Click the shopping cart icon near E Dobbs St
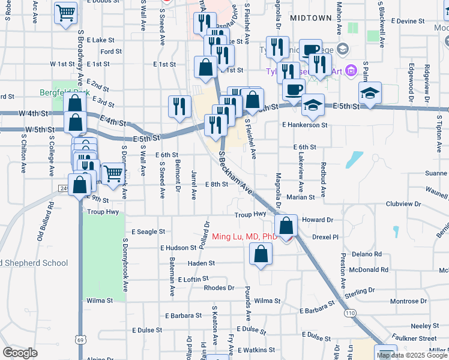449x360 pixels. click(x=65, y=13)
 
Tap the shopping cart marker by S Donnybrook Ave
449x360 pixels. click(x=113, y=174)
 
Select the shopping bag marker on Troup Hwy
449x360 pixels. click(x=286, y=226)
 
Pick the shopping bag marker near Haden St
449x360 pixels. click(x=260, y=254)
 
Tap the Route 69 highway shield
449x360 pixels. click(x=80, y=340)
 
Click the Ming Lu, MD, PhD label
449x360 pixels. click(x=244, y=236)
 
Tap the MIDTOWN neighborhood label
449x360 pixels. click(x=310, y=18)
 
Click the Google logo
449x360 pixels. click(x=20, y=352)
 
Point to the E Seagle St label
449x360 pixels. click(x=148, y=232)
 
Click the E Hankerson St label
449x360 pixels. click(x=304, y=125)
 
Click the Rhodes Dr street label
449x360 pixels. click(x=214, y=288)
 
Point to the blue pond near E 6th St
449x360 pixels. click(x=354, y=159)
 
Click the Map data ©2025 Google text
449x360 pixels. click(x=412, y=355)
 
